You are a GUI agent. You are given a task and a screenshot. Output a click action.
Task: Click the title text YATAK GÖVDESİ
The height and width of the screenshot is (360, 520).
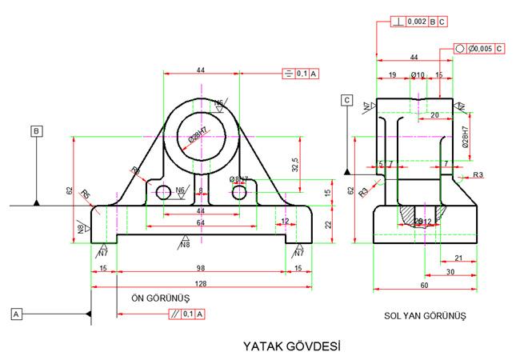point(292,347)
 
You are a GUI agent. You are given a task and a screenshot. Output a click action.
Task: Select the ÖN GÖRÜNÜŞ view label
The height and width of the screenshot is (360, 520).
point(160,297)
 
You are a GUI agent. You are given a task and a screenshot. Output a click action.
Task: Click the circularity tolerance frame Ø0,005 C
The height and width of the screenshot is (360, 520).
point(480,49)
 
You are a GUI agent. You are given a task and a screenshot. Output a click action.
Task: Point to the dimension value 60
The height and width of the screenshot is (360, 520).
point(424,285)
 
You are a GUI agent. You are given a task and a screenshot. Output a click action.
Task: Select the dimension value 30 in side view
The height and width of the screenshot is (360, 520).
point(450,272)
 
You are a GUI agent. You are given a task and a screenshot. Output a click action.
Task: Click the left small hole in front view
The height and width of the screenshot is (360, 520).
point(164,193)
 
